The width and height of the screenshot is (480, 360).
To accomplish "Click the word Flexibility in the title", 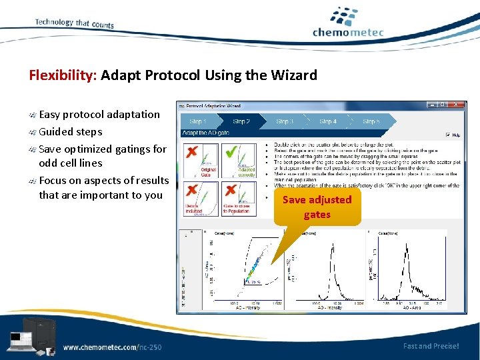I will [x=63, y=75].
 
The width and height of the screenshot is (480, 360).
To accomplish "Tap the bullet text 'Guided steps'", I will [x=71, y=131].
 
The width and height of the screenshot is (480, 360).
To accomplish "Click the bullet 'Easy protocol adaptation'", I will [x=99, y=114].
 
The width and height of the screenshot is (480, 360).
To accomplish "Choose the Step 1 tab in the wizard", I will [x=199, y=121].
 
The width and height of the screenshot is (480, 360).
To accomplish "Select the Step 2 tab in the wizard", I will [x=241, y=121].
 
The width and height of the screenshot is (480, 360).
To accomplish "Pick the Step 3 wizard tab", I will [x=285, y=121].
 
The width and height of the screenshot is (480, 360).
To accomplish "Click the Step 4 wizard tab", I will [x=328, y=121].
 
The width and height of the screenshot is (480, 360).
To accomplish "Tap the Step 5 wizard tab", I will [x=371, y=121].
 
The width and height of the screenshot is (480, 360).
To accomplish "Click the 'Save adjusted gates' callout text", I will [x=317, y=207].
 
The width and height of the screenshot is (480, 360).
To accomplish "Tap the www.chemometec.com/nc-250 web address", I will [x=112, y=347].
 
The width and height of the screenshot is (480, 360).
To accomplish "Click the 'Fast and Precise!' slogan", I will [x=431, y=345].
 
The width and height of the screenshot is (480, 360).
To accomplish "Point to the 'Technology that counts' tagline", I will [x=74, y=23].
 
